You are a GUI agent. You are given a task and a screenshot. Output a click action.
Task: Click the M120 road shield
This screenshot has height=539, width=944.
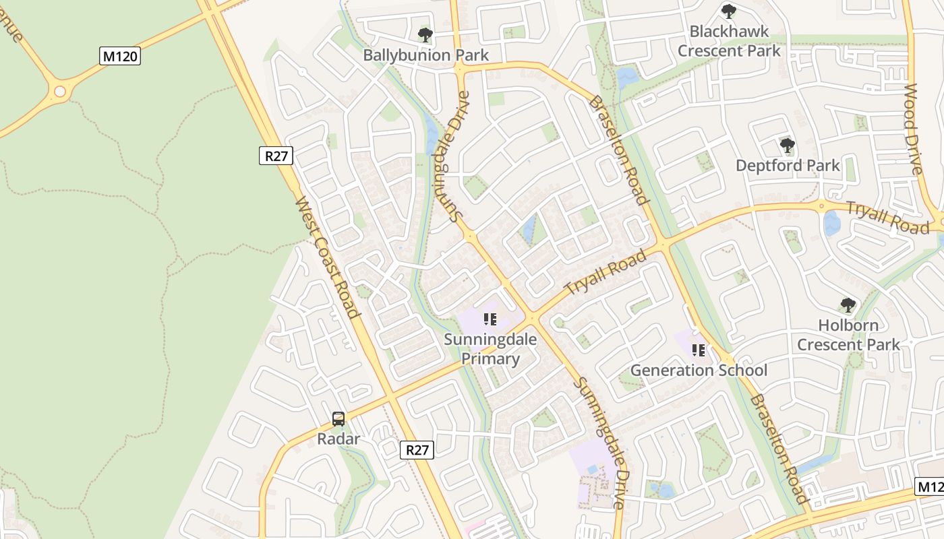121,56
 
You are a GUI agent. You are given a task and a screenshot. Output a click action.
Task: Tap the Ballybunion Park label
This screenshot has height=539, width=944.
425,55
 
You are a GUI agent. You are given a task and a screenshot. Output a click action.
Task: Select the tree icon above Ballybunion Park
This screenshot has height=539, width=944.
425,34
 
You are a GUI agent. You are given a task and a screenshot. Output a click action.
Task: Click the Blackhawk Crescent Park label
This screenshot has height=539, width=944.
729,41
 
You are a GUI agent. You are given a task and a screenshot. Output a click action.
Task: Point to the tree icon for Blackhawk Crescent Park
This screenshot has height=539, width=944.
728,11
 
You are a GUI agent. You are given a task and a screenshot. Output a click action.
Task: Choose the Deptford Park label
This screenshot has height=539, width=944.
788,166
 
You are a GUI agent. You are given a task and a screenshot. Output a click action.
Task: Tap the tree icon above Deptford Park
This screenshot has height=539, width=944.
787,145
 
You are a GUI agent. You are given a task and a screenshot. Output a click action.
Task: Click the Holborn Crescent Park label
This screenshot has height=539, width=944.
848,335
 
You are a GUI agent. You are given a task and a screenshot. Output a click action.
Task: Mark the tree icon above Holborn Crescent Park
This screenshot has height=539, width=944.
848,305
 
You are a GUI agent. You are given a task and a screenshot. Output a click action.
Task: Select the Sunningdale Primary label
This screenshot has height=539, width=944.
490,349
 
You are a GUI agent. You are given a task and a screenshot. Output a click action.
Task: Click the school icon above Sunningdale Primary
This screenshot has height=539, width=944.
490,319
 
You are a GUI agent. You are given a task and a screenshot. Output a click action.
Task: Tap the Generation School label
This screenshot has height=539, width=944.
699,371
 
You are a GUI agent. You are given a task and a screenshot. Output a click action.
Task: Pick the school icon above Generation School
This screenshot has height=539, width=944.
699,350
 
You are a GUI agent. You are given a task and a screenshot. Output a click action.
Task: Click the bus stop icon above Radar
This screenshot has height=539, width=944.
338,418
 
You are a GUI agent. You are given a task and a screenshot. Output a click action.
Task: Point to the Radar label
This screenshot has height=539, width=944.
338,439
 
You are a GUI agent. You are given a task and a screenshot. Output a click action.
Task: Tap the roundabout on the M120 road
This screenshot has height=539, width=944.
60,91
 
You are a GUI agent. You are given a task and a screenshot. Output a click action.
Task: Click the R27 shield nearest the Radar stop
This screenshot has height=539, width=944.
417,450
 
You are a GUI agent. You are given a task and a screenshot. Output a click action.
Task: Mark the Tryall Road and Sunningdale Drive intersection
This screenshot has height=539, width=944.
532,316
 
